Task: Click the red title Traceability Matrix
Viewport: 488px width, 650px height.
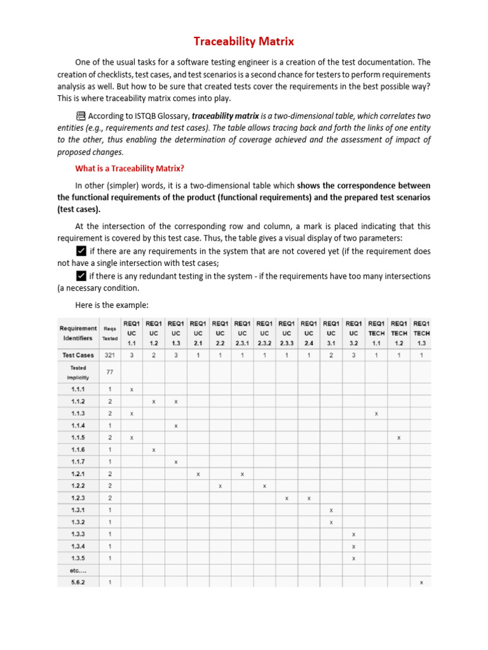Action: [x=244, y=42]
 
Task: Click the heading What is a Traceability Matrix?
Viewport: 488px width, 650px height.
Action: [x=130, y=168]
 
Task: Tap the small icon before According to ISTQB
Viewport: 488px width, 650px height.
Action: [x=81, y=116]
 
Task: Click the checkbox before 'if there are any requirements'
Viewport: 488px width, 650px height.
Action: [x=81, y=250]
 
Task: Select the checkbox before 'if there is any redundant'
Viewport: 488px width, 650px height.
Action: [x=81, y=275]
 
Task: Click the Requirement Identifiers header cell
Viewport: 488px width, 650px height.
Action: [x=78, y=333]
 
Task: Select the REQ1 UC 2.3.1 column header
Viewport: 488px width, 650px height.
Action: [x=242, y=333]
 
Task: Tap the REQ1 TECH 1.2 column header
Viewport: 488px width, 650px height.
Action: [x=398, y=333]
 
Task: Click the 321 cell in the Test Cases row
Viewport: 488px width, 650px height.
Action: [x=109, y=355]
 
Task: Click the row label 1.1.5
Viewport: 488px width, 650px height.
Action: [x=78, y=437]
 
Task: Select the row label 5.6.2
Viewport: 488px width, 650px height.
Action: [x=78, y=582]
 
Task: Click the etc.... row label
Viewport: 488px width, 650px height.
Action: [x=78, y=570]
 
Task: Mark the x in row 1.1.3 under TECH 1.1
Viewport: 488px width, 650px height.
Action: [x=376, y=413]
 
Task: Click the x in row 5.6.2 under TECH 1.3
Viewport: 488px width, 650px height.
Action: [x=421, y=582]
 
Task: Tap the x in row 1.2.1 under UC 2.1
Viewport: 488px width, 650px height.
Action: [x=198, y=474]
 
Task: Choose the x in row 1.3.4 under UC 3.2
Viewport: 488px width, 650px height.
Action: [x=354, y=546]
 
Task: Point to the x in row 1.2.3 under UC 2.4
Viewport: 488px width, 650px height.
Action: [x=309, y=498]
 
